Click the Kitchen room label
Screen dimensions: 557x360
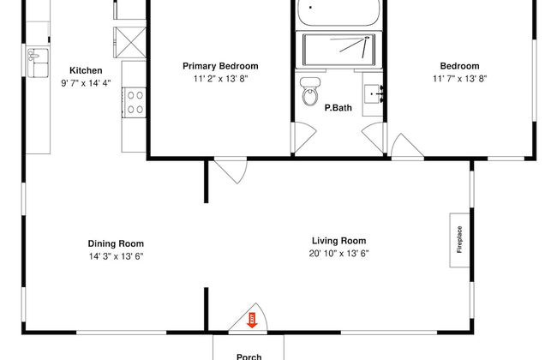(x=86, y=70)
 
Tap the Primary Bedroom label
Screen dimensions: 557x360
(x=220, y=66)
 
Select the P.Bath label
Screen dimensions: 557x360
(x=338, y=108)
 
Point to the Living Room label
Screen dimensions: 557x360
(x=338, y=241)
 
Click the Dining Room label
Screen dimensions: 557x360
(x=116, y=243)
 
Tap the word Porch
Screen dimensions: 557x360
(x=249, y=357)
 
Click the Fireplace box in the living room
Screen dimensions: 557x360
(x=459, y=240)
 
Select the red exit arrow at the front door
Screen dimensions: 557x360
(x=252, y=320)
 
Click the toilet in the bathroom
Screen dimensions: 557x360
(x=309, y=92)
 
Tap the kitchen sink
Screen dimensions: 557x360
(x=38, y=63)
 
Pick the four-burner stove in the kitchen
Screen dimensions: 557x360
(x=135, y=102)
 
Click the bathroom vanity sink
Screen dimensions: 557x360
(x=373, y=93)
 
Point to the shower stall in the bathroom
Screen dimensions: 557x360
(x=338, y=50)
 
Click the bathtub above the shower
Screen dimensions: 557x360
(x=338, y=13)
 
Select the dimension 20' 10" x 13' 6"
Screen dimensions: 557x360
(x=338, y=254)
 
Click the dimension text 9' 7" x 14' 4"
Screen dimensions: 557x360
(x=86, y=83)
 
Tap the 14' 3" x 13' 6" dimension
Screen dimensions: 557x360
(x=116, y=256)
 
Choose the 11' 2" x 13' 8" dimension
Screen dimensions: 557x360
(x=220, y=79)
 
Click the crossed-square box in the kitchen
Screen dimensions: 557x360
(x=129, y=42)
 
